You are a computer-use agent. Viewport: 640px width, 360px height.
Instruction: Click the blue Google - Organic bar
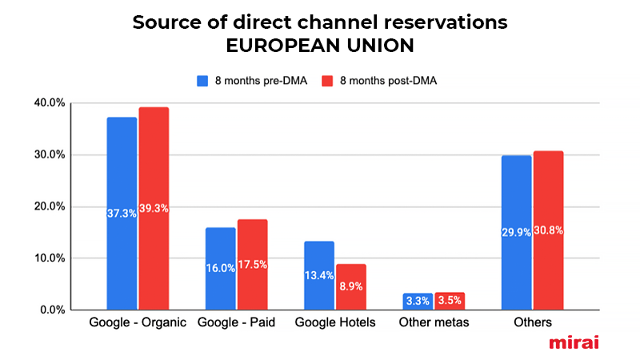tap(122, 213)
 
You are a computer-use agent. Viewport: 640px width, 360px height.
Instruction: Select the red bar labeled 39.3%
tap(154, 208)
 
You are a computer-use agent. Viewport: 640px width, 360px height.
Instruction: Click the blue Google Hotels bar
tap(319, 275)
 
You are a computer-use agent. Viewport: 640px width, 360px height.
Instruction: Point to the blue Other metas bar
tap(418, 301)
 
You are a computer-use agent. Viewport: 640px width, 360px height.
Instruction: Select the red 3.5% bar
tap(449, 301)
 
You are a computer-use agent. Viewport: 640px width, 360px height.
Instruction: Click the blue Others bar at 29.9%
tap(516, 232)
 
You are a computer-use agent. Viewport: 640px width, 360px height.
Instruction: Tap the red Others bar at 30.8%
tap(548, 230)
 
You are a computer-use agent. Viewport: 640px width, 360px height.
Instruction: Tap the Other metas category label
tap(433, 322)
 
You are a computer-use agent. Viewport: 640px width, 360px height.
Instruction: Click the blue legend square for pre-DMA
tap(202, 81)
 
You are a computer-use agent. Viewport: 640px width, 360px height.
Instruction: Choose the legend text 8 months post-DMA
tap(388, 81)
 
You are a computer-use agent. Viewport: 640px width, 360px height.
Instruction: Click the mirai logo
tap(574, 342)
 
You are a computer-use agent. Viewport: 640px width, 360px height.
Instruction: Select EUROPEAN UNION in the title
tap(320, 46)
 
